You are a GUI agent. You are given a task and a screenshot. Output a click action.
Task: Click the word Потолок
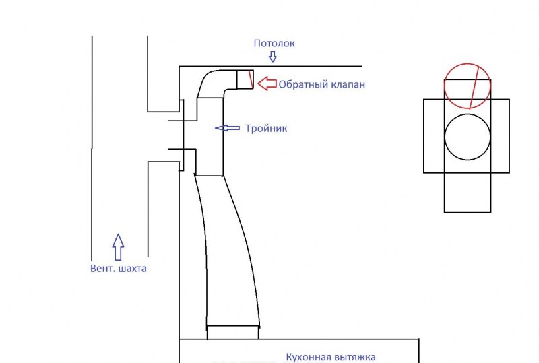pyautogui.click(x=274, y=44)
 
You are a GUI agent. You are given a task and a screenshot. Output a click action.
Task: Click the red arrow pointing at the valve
pyautogui.click(x=268, y=84)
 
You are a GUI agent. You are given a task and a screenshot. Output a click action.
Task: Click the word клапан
pyautogui.click(x=348, y=85)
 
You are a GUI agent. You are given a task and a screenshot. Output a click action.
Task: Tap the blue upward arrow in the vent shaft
pyautogui.click(x=118, y=246)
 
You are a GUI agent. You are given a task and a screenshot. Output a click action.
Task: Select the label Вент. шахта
pyautogui.click(x=118, y=268)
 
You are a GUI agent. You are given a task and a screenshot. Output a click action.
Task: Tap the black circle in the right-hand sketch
pyautogui.click(x=468, y=137)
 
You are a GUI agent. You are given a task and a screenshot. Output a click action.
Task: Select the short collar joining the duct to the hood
pyautogui.click(x=232, y=331)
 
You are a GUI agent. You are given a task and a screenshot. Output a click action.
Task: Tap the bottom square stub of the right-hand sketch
pyautogui.click(x=468, y=193)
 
